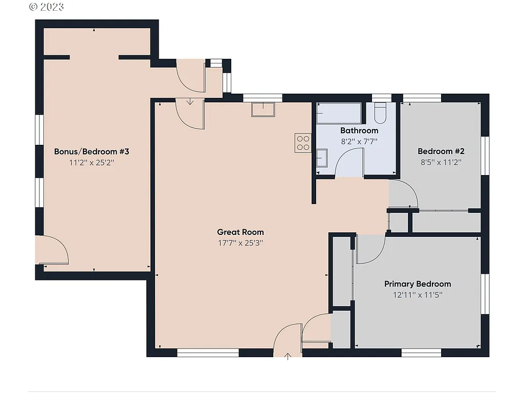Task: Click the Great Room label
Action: (x=240, y=232)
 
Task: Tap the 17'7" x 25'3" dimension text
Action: (x=240, y=244)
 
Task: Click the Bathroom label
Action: (x=359, y=130)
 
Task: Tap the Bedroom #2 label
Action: (x=441, y=151)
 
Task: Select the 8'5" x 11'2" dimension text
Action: (x=441, y=162)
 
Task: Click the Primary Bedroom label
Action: (x=418, y=284)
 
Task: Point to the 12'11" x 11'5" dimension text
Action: (x=418, y=295)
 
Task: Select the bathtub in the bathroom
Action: (x=338, y=113)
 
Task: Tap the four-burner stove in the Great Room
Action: (x=302, y=142)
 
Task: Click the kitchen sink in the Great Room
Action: (x=263, y=110)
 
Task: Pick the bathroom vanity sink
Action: (x=322, y=158)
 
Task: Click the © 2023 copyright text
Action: (x=47, y=7)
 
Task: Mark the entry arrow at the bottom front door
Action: (x=288, y=356)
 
